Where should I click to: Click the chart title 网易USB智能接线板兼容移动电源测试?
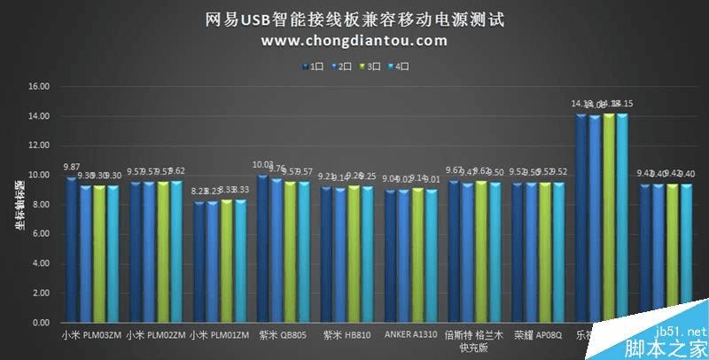click(x=354, y=20)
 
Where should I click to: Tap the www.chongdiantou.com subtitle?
click(x=354, y=41)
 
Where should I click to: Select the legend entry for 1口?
click(x=315, y=65)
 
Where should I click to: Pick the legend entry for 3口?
click(x=370, y=65)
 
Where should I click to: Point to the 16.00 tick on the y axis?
click(x=38, y=87)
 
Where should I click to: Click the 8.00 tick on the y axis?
click(x=40, y=205)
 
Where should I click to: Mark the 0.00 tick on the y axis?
click(x=40, y=323)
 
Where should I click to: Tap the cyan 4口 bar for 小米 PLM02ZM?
click(x=176, y=252)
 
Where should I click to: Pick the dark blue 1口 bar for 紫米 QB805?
click(x=263, y=249)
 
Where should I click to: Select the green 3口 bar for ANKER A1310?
click(x=418, y=255)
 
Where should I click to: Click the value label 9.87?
click(x=71, y=167)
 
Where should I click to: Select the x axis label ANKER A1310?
click(x=410, y=335)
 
